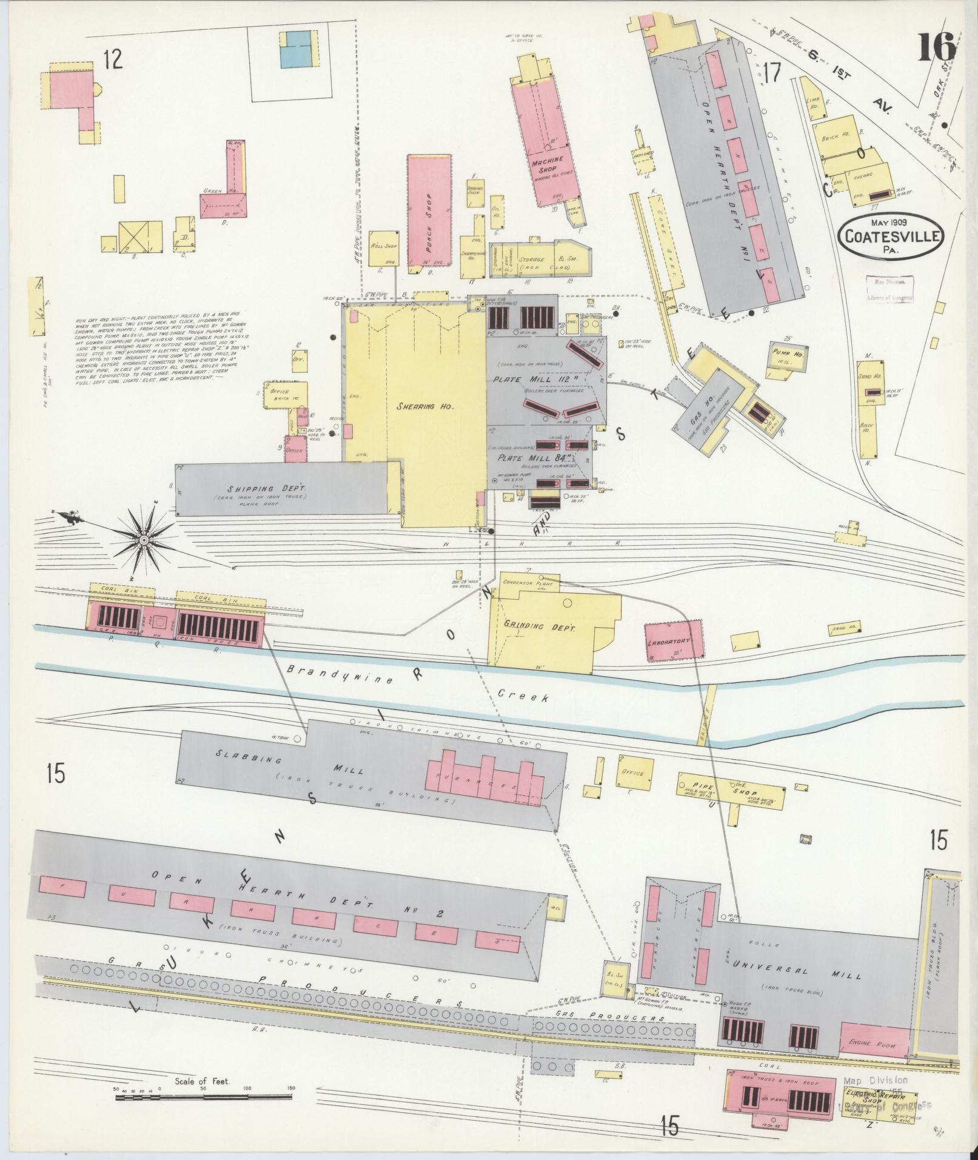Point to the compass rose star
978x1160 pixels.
[144, 539]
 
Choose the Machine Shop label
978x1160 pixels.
[547, 166]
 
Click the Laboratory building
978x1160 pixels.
[674, 640]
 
